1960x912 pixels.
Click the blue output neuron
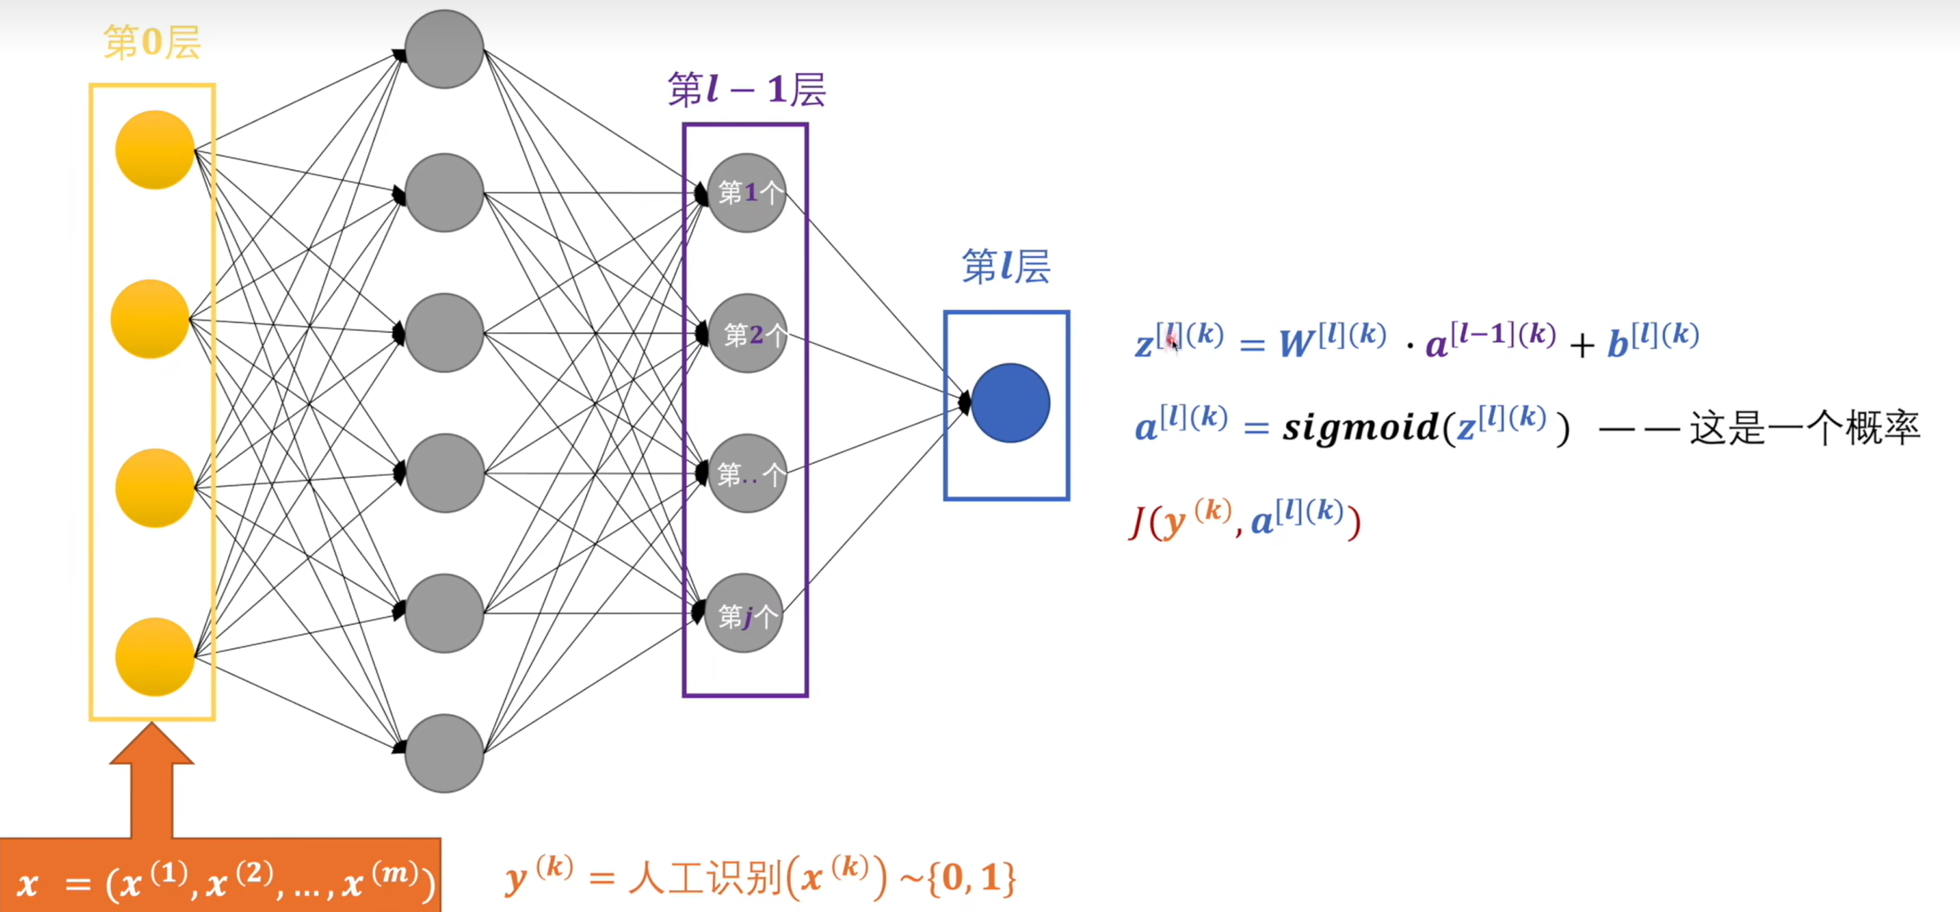pos(1011,403)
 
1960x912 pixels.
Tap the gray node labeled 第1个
pos(747,192)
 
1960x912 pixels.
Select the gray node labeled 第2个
pos(748,333)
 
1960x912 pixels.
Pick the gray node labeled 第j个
pos(744,613)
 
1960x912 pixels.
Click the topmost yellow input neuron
pos(154,150)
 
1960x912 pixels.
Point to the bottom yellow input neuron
pos(154,657)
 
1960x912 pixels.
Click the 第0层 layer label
pos(152,42)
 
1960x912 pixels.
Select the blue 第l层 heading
pos(1006,266)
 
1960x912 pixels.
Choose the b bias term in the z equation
pos(1617,344)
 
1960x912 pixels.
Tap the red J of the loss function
pos(1138,523)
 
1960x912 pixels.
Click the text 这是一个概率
pos(1805,428)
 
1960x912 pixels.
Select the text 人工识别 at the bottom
pos(706,880)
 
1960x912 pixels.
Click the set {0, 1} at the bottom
pos(978,879)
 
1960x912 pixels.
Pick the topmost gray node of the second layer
pos(444,49)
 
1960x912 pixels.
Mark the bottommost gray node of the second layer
pos(444,753)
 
